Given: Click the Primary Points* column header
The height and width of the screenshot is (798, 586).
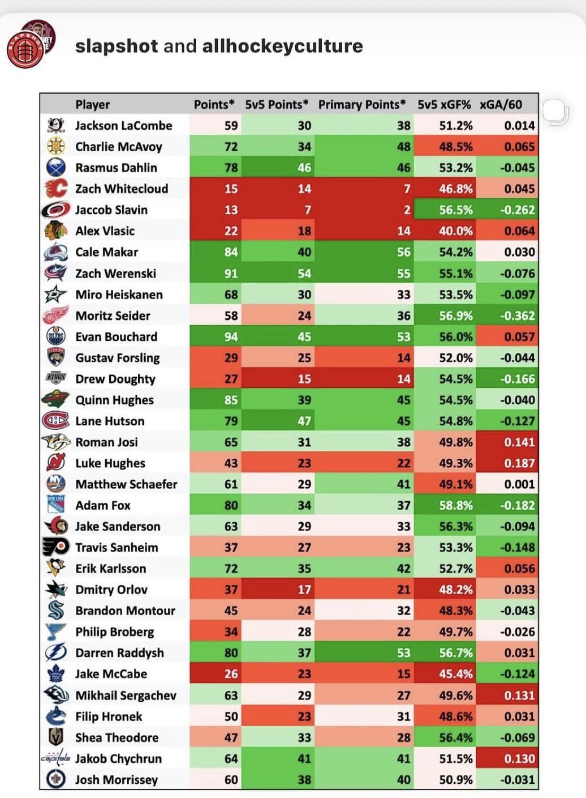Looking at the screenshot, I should point(362,105).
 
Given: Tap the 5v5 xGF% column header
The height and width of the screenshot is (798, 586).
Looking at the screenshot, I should point(444,105).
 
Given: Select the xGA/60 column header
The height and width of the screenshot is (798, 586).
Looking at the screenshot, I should point(501,105).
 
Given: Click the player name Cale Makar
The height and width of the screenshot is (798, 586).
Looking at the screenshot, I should point(107,252).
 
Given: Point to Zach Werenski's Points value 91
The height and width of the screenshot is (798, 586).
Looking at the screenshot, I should point(231,274).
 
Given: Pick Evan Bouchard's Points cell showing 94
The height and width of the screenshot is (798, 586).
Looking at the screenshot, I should point(231,337).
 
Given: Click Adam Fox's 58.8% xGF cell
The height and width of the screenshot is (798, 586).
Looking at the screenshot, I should point(455,505).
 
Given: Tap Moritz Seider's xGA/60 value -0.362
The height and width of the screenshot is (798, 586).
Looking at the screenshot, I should point(517,315).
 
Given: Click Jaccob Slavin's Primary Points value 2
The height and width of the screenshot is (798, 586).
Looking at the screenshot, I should point(407,210).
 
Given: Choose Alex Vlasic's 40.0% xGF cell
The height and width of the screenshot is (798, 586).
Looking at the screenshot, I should point(455,231).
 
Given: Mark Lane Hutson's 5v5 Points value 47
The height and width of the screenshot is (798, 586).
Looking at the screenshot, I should point(304,421).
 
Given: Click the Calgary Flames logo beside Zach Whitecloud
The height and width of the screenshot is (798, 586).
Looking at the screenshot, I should point(56,189).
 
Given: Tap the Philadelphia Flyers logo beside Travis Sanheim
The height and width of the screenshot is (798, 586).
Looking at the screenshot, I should point(56,547).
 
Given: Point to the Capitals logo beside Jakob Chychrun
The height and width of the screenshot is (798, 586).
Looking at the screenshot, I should point(56,758).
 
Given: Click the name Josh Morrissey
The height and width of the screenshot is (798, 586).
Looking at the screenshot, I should point(117,780).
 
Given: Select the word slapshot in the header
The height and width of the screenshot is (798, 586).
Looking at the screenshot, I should point(117,46).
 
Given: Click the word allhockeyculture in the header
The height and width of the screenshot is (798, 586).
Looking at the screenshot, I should point(282,46).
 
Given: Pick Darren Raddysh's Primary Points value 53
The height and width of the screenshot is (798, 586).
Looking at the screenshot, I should point(403,653).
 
